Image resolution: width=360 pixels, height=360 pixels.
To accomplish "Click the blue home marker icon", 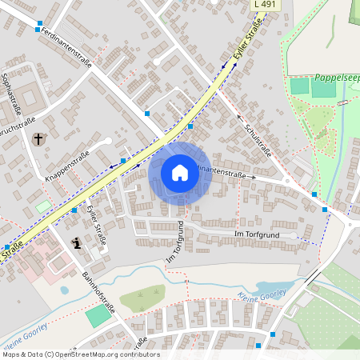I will (x=180, y=173).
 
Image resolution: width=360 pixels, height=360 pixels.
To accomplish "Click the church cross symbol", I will (x=38, y=139).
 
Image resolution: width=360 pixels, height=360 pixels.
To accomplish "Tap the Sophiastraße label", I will (x=14, y=92).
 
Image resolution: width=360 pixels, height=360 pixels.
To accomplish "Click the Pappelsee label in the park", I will (x=335, y=78).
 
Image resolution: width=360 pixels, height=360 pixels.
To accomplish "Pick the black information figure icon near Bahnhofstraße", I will (x=76, y=243).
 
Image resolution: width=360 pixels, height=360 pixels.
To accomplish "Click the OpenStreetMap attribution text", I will (x=80, y=354).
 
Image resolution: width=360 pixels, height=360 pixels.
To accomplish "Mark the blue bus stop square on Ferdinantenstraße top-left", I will (x=38, y=30).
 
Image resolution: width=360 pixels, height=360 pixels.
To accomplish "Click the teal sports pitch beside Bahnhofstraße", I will (x=98, y=314).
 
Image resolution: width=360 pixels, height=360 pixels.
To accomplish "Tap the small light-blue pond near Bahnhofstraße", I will (x=64, y=290).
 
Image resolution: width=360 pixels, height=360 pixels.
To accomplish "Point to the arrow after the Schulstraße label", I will (x=241, y=117).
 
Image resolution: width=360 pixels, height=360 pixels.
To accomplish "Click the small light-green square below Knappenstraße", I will (x=42, y=206).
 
